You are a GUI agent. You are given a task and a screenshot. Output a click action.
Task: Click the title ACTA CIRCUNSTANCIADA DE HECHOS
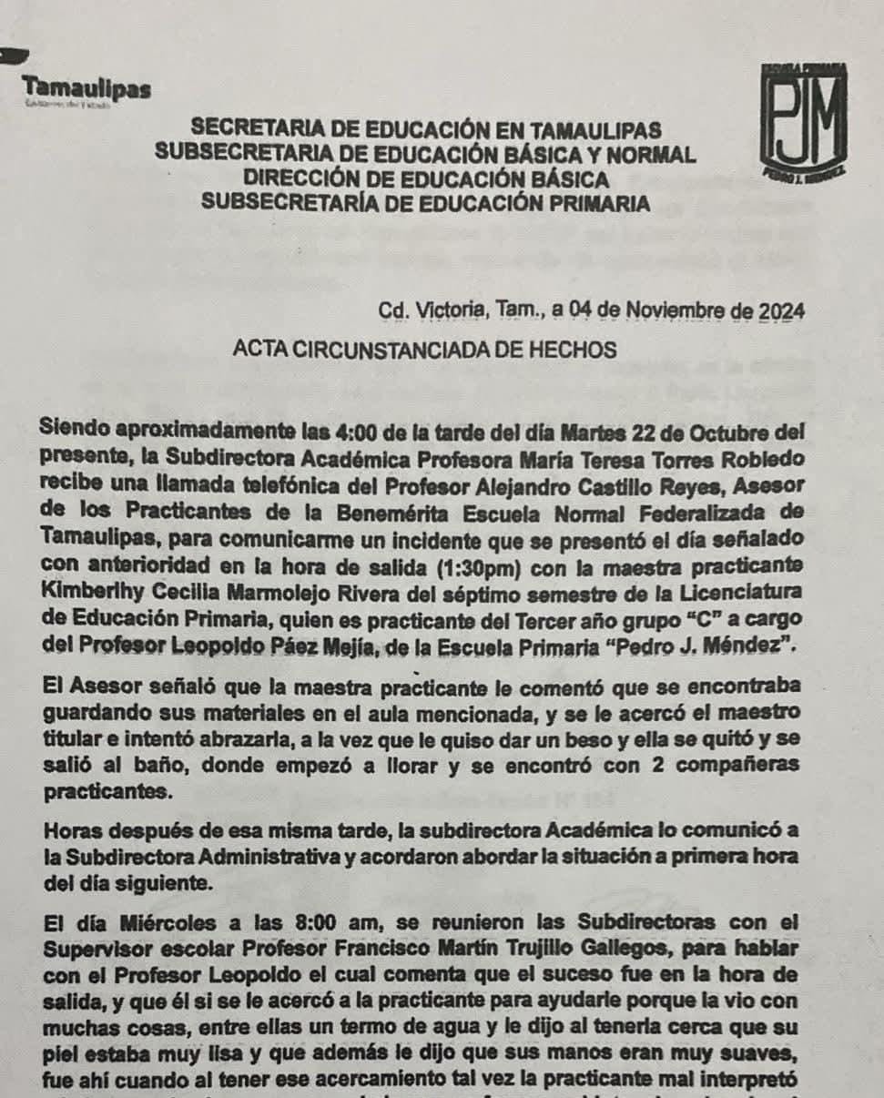[425, 350]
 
